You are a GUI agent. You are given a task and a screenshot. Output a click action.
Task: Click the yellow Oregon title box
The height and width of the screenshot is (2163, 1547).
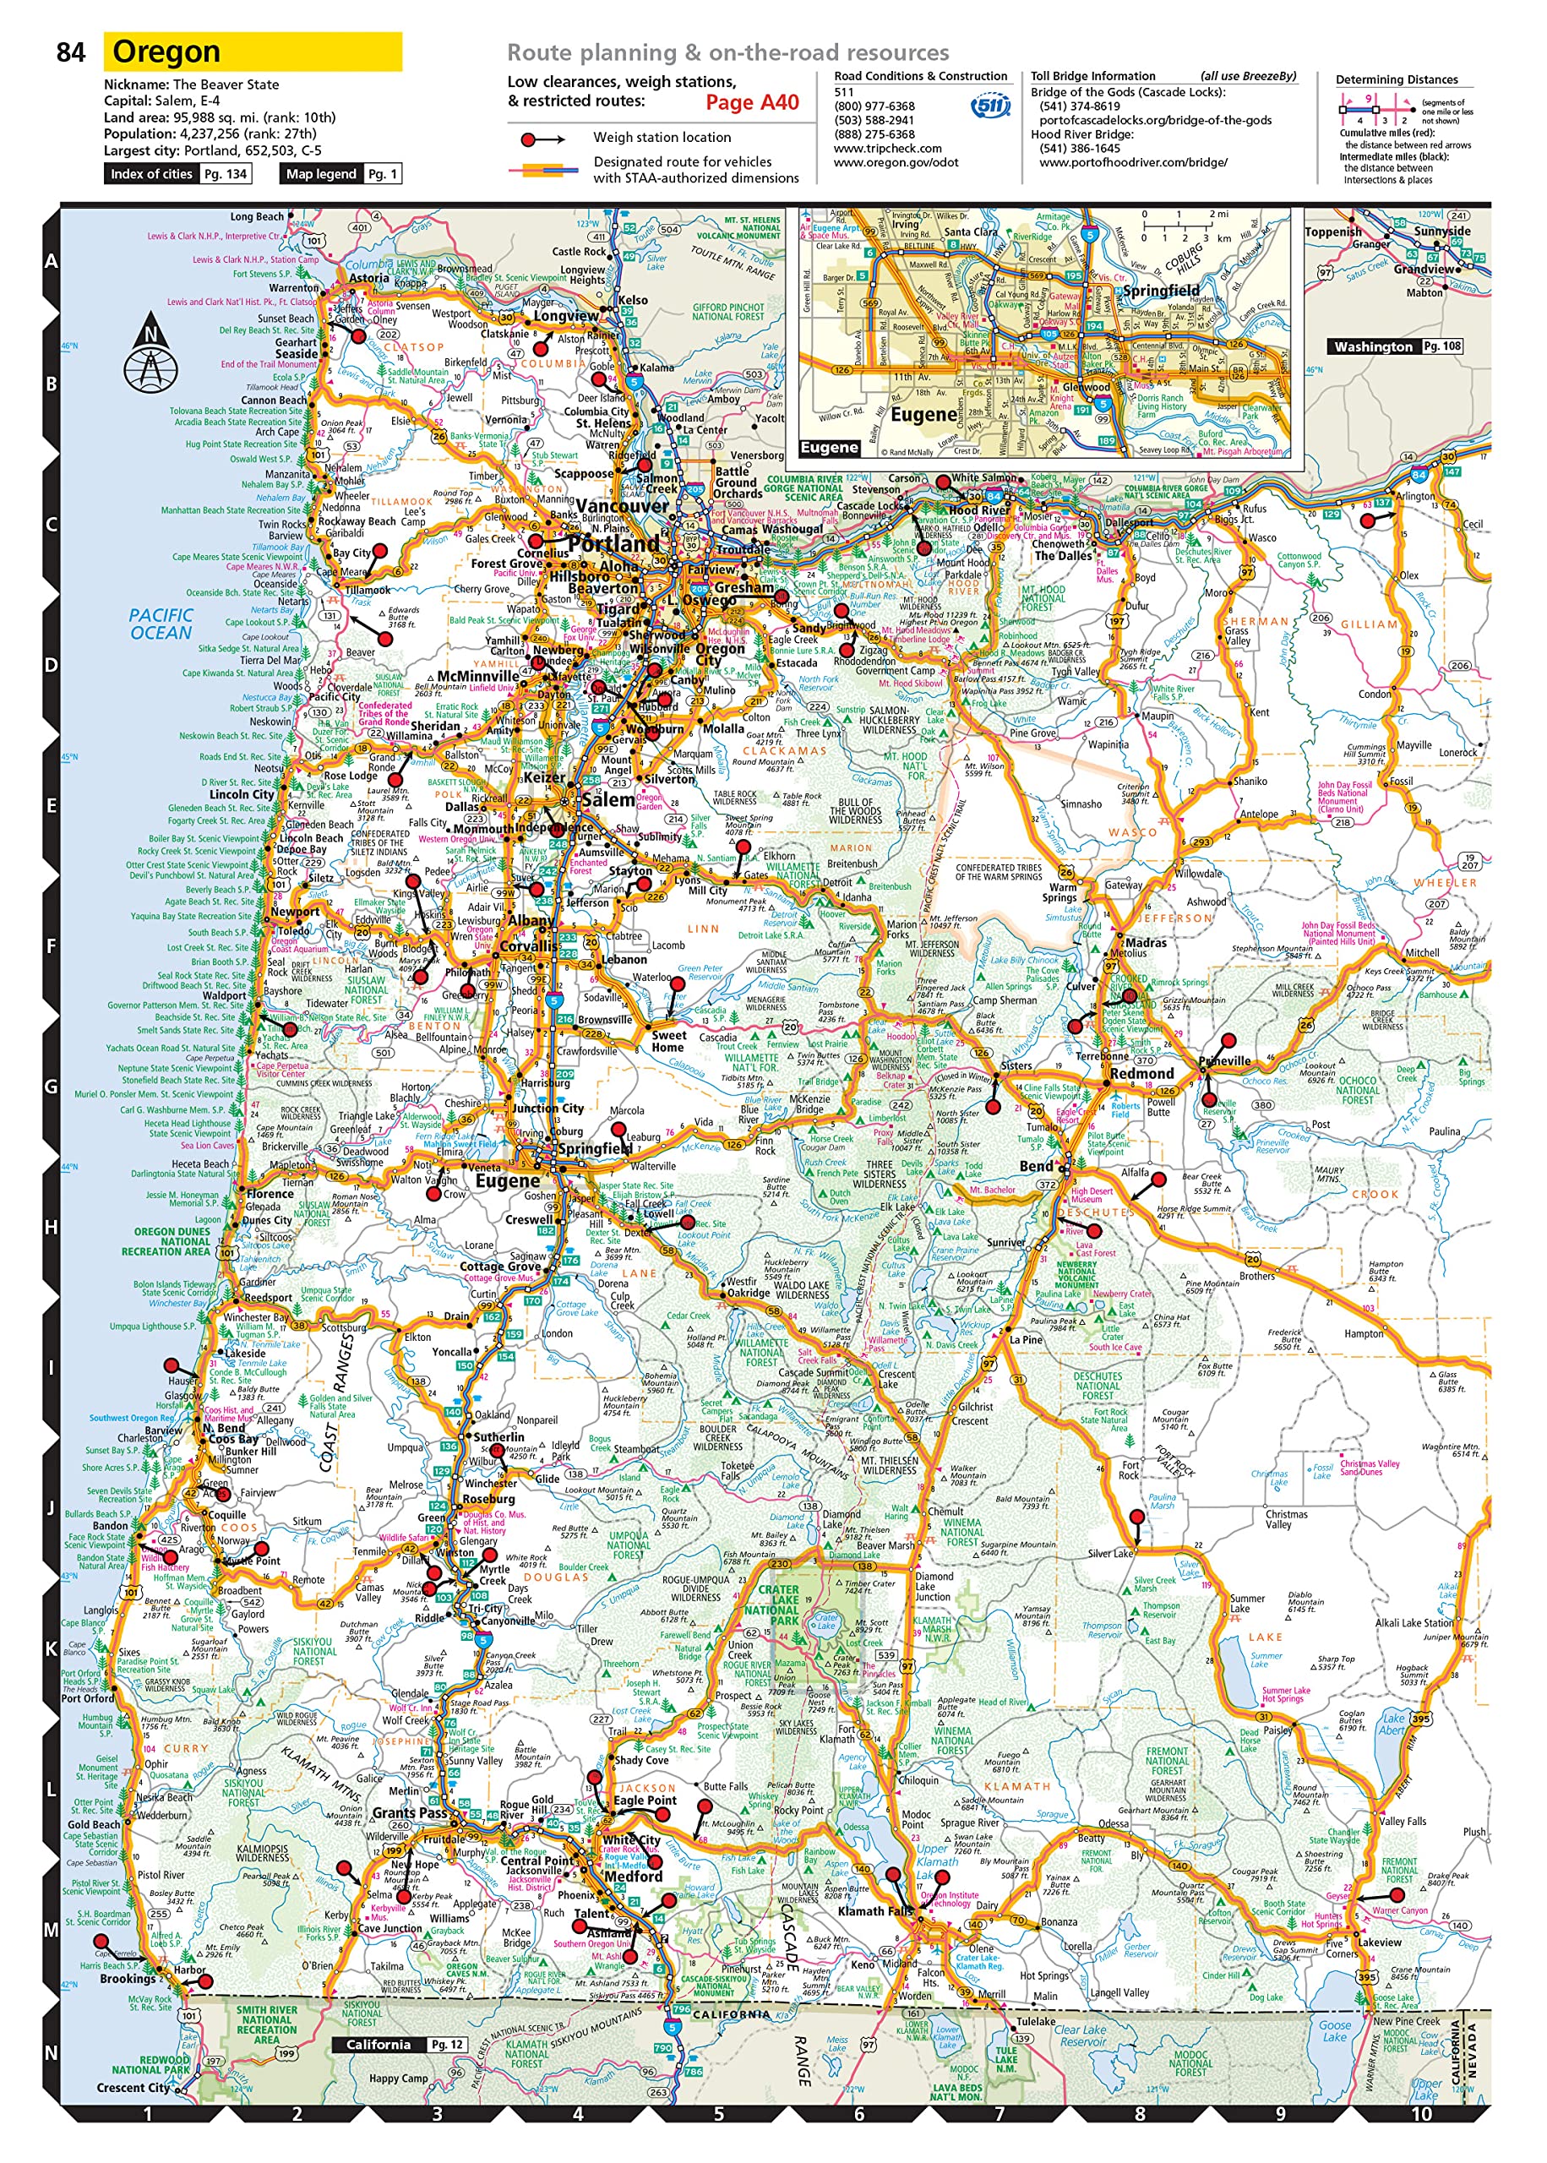click(253, 52)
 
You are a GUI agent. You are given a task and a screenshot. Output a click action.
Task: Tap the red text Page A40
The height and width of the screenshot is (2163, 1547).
click(752, 103)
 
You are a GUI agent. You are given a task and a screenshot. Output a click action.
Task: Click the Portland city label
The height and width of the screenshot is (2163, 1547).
click(613, 544)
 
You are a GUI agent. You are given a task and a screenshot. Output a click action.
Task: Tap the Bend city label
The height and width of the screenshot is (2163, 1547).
click(1036, 1166)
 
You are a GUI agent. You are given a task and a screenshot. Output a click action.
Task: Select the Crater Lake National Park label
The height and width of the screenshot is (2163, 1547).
click(778, 1605)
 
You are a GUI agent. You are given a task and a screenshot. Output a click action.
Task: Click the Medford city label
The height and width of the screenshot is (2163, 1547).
click(634, 1877)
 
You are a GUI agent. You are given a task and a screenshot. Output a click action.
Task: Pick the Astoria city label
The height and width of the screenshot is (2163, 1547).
click(368, 278)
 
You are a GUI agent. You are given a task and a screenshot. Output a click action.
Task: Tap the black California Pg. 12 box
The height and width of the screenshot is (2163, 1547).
click(399, 2045)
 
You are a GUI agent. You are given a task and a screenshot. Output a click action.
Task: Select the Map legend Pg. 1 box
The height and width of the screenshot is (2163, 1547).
click(340, 173)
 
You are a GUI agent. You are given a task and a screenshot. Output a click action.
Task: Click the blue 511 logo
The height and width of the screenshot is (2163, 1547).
click(989, 105)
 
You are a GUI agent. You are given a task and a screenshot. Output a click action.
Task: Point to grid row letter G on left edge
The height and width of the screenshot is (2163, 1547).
click(52, 1087)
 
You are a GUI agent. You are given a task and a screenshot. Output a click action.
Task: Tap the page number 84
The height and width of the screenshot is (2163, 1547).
click(70, 52)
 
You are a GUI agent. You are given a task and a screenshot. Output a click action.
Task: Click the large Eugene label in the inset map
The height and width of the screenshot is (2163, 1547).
click(922, 414)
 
